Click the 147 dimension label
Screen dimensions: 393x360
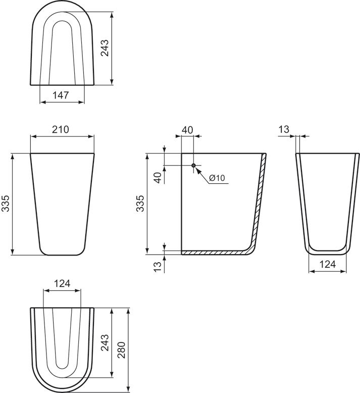(62, 94)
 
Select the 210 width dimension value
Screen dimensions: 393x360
(61, 129)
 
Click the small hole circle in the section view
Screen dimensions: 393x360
(193, 165)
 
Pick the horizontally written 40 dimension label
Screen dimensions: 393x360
(187, 130)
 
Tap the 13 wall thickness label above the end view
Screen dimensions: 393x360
(284, 130)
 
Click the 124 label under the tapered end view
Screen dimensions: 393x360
(328, 264)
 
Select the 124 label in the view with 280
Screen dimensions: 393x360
(62, 283)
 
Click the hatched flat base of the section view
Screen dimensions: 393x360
(212, 252)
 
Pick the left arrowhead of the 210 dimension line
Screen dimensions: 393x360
(33, 136)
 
